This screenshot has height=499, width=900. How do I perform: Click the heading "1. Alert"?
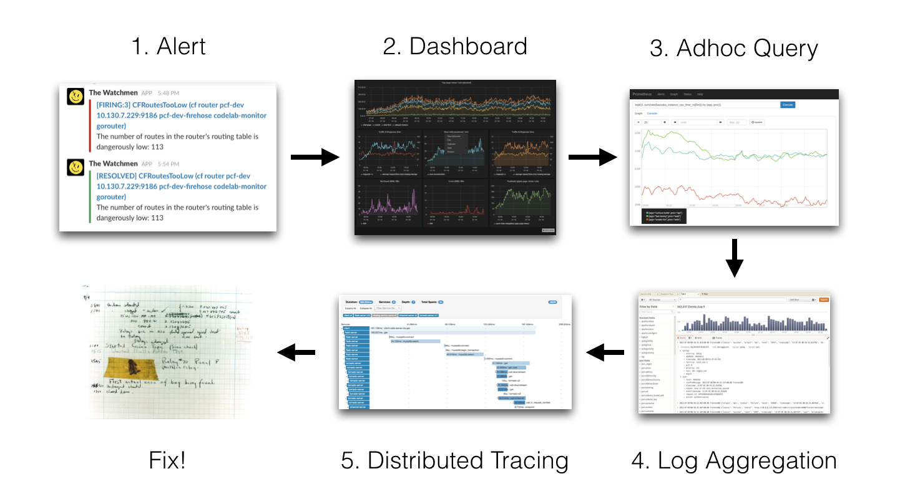click(169, 47)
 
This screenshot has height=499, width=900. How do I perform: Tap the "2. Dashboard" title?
click(454, 47)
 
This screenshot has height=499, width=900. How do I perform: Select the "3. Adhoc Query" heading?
click(733, 48)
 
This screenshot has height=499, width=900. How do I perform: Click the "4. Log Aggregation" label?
click(734, 461)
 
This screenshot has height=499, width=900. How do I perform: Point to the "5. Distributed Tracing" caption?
click(454, 461)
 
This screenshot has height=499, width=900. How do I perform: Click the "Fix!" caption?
click(167, 461)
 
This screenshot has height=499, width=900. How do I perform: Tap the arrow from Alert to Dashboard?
click(315, 158)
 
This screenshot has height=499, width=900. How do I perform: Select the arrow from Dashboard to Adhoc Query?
click(592, 158)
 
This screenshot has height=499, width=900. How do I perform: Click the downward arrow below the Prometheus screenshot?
click(735, 259)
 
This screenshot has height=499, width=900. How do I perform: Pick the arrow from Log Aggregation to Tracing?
click(605, 354)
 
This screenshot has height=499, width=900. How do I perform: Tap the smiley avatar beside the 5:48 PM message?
click(76, 97)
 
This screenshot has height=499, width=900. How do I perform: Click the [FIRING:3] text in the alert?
click(116, 105)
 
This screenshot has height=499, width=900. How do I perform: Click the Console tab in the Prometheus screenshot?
click(652, 114)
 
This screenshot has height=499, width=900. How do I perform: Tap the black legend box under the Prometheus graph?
click(663, 216)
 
